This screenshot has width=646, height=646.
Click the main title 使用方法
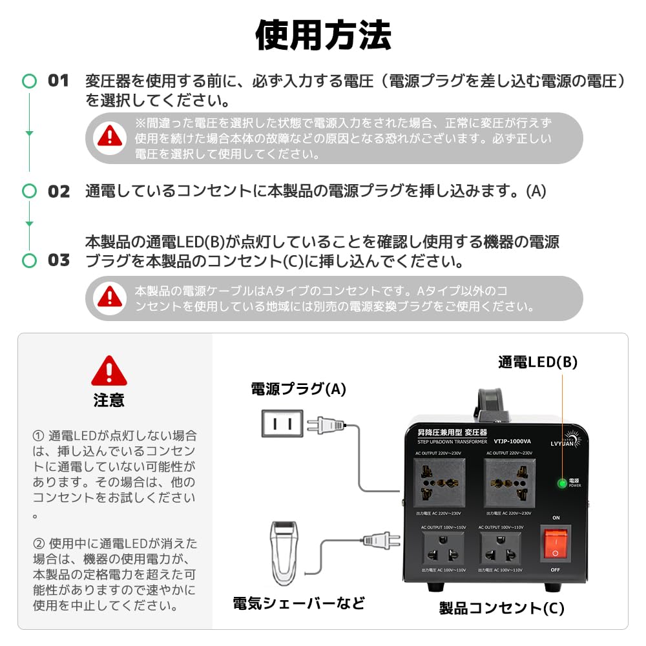click(x=323, y=34)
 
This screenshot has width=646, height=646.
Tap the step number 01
click(x=58, y=81)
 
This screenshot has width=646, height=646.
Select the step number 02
click(x=58, y=191)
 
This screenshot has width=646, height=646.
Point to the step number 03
click(x=58, y=260)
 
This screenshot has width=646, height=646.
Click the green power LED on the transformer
click(x=562, y=483)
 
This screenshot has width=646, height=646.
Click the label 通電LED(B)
click(x=537, y=362)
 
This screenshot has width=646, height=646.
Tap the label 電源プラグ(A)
click(x=298, y=389)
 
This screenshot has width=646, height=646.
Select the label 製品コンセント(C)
click(x=502, y=608)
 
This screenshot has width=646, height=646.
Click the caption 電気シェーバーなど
click(x=298, y=603)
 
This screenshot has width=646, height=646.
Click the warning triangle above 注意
click(x=109, y=371)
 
